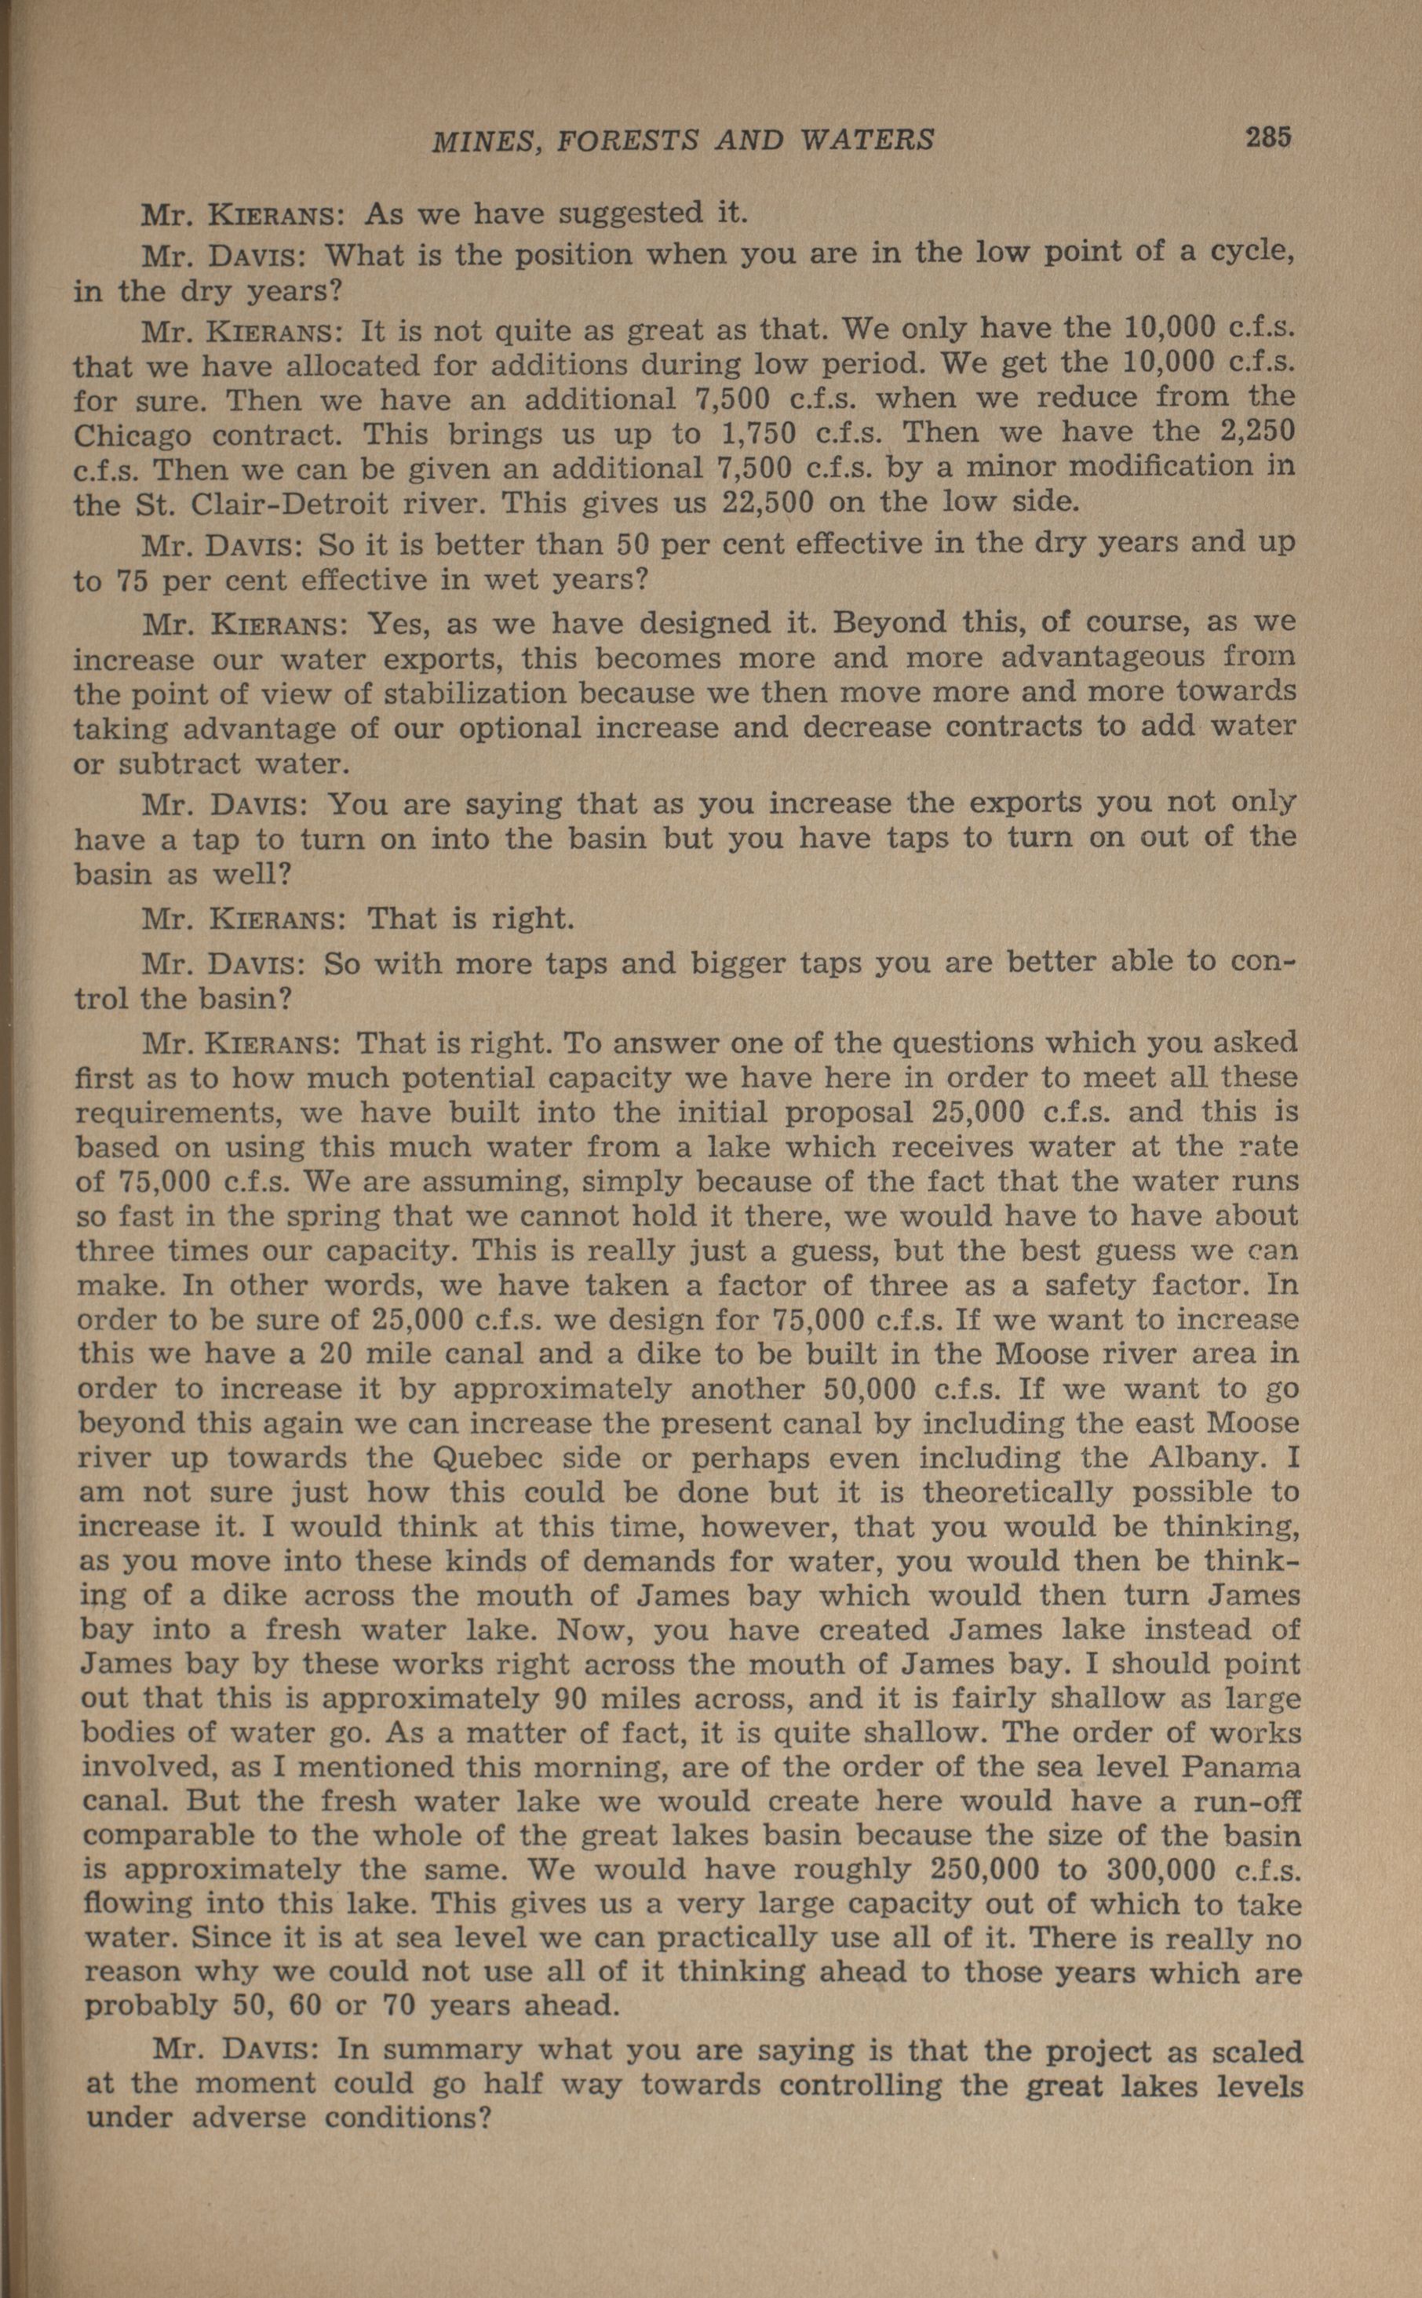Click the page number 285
pos(1269,137)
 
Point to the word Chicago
pos(133,435)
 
